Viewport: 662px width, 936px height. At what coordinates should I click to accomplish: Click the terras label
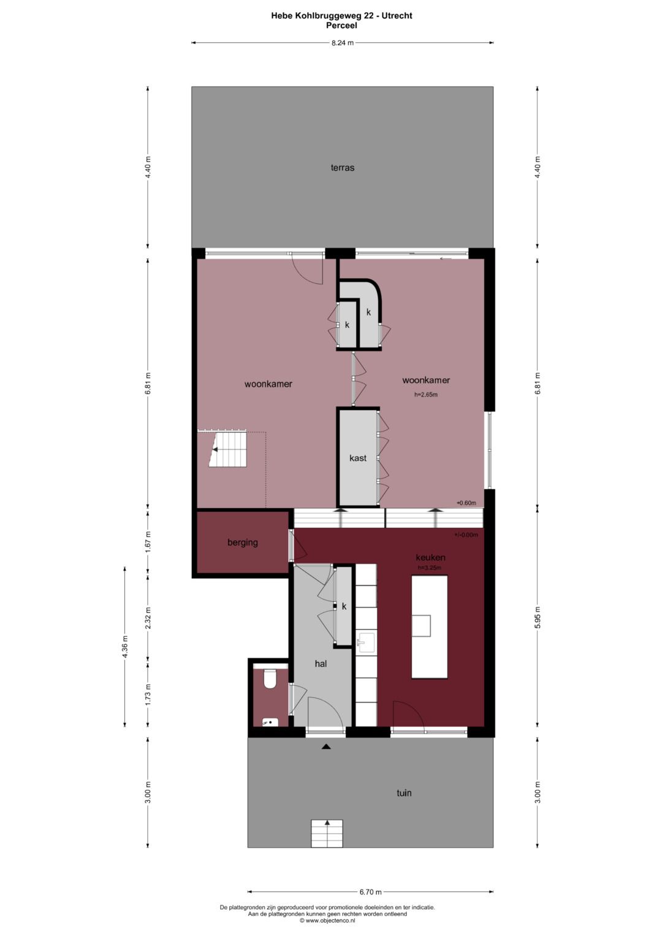342,167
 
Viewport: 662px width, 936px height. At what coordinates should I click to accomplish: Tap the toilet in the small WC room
270,679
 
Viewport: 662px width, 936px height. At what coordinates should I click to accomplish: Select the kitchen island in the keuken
429,626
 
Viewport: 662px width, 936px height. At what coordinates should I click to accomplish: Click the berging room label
242,542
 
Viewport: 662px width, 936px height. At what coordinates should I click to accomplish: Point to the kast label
358,458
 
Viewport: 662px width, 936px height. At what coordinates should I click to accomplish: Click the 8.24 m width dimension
342,43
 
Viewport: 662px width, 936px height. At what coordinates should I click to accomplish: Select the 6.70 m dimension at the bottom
370,892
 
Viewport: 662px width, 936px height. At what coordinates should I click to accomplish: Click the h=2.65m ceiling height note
426,395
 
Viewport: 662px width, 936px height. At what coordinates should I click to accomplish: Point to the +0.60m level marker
466,503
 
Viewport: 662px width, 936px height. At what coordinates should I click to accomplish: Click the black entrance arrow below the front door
326,747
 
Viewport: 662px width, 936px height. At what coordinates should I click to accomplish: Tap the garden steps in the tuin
327,834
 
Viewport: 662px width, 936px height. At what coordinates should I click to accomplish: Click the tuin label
404,793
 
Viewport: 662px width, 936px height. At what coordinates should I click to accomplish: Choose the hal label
321,663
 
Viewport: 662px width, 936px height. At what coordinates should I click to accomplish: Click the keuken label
430,557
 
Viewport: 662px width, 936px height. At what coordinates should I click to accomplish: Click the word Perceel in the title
341,25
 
